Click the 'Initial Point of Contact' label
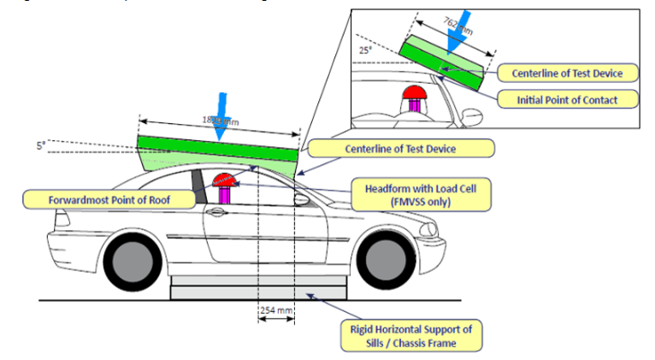tap(578, 99)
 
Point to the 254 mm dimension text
tap(276, 310)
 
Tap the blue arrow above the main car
tap(221, 121)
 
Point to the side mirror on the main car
tap(300, 200)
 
